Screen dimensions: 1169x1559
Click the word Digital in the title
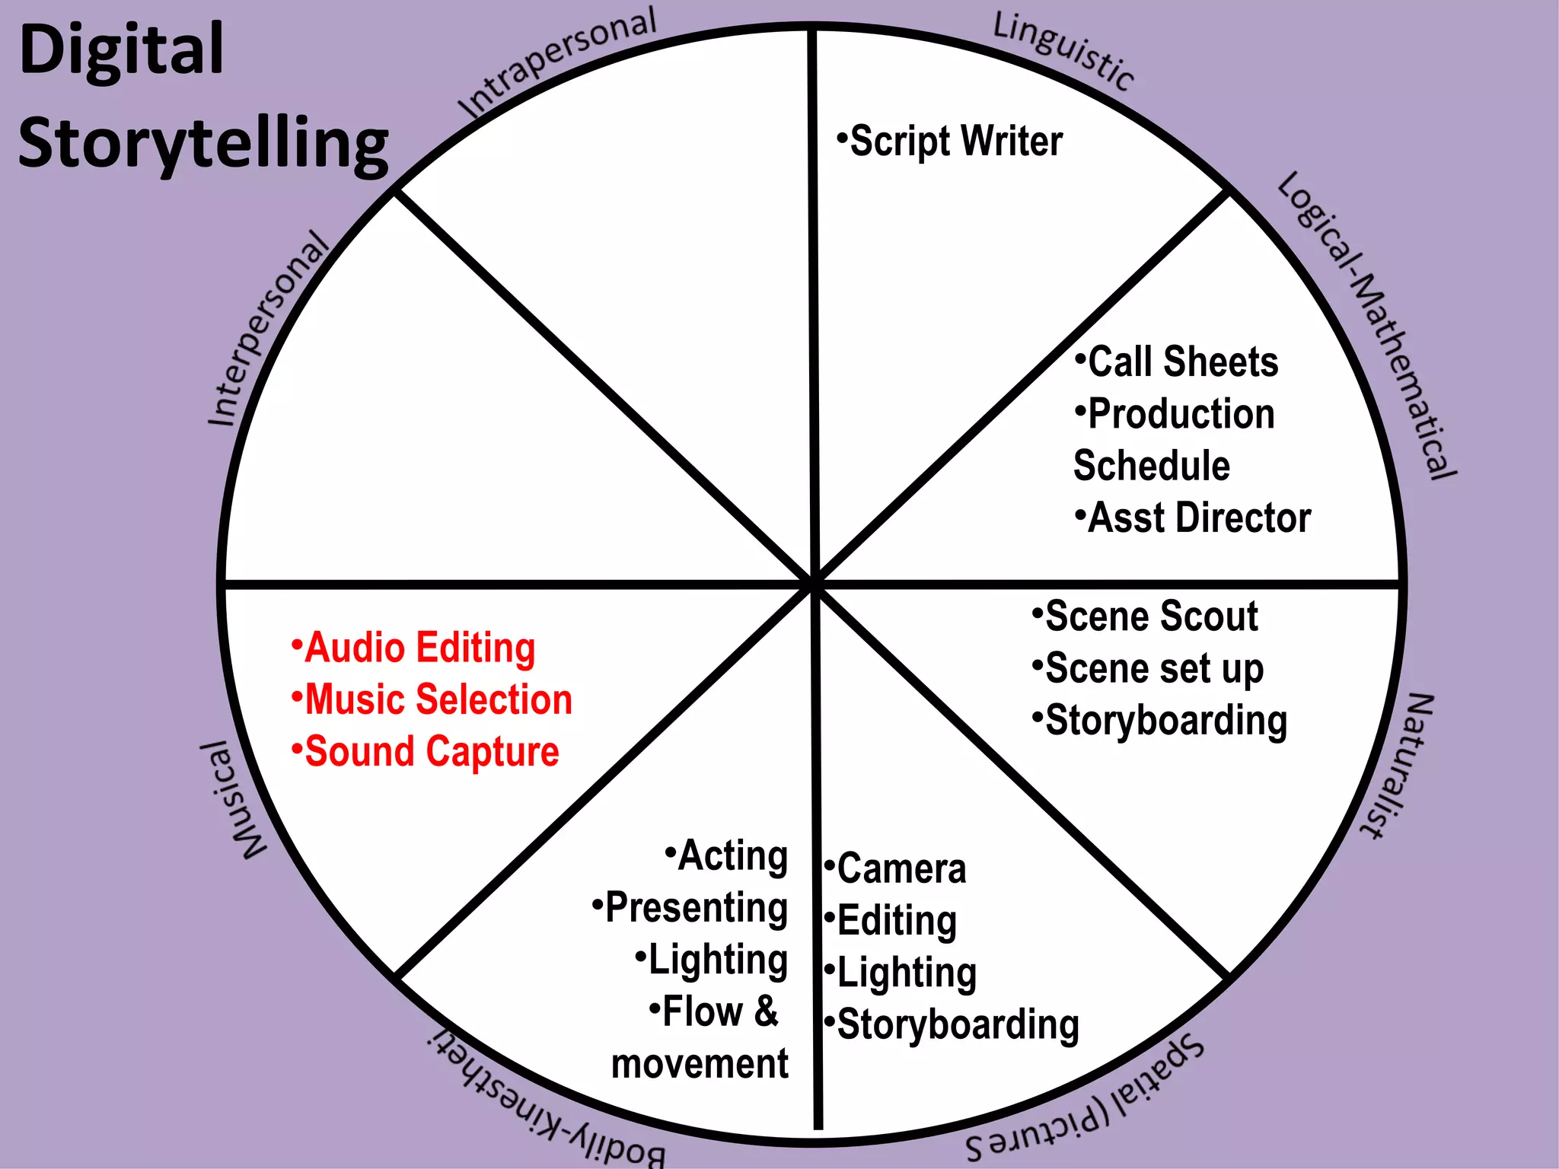pyautogui.click(x=122, y=50)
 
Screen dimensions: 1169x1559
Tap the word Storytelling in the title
pyautogui.click(x=202, y=145)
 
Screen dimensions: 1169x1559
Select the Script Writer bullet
pyautogui.click(x=952, y=142)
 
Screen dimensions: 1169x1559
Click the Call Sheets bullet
pyautogui.click(x=1178, y=362)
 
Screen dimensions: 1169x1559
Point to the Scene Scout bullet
pyautogui.click(x=1146, y=616)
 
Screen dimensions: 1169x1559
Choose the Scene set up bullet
pyautogui.click(x=1149, y=668)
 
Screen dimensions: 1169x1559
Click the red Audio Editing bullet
pyautogui.click(x=416, y=648)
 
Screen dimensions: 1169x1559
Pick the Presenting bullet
pyautogui.click(x=691, y=907)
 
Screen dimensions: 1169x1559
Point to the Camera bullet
pyautogui.click(x=897, y=868)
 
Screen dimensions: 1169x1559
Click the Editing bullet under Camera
pyautogui.click(x=892, y=921)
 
